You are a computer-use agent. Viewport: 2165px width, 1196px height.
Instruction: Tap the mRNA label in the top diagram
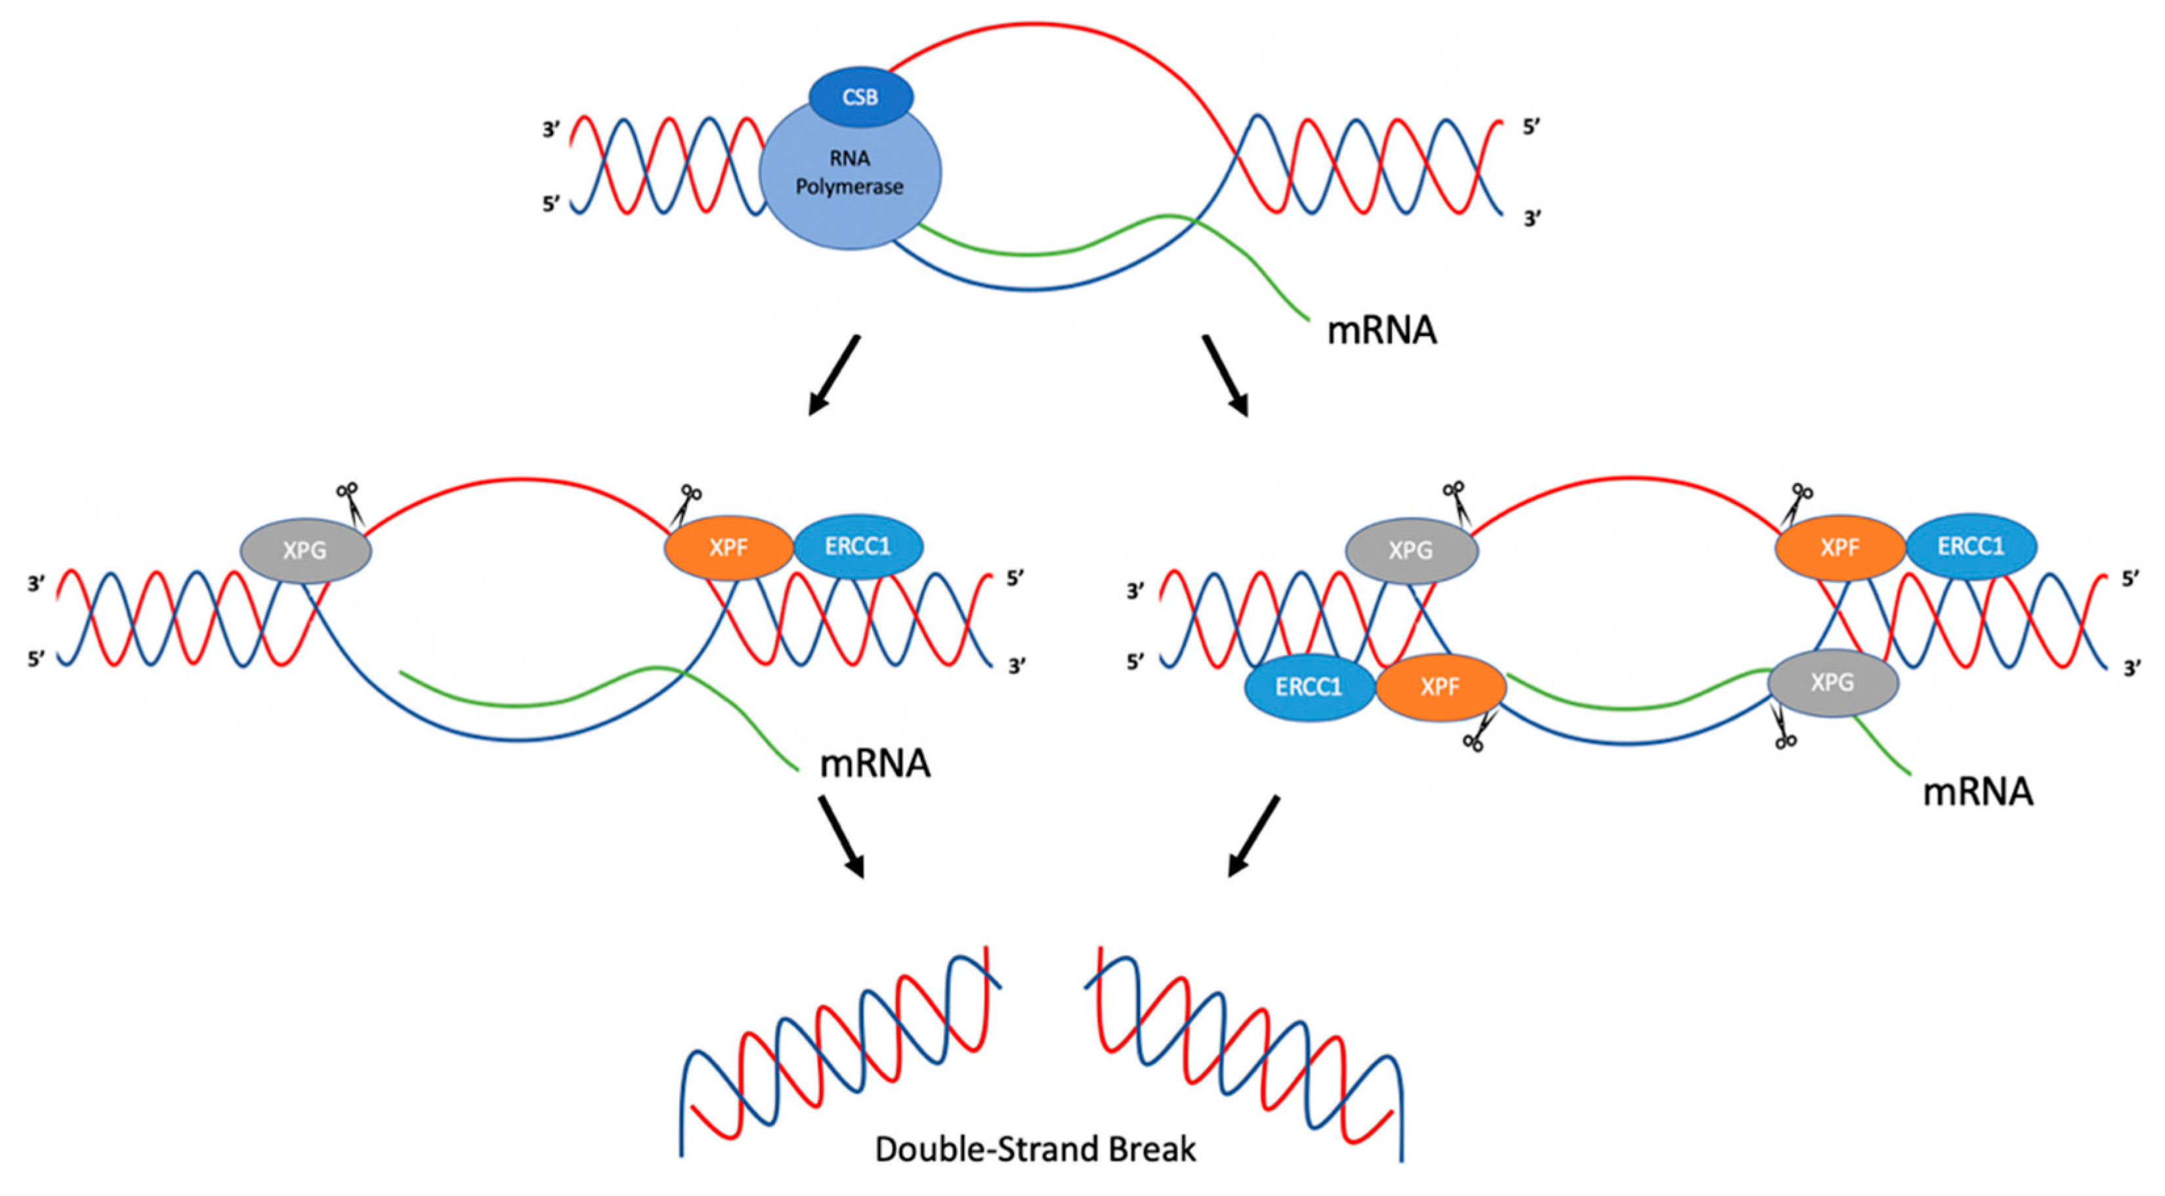pyautogui.click(x=1381, y=330)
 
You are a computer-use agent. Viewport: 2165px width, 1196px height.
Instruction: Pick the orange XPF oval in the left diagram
pyautogui.click(x=728, y=548)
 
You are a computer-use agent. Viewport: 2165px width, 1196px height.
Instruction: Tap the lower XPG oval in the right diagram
pyautogui.click(x=1833, y=683)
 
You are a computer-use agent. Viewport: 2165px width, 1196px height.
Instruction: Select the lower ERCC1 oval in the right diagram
pyautogui.click(x=1309, y=687)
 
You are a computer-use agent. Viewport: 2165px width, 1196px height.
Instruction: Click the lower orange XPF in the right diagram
pyautogui.click(x=1440, y=687)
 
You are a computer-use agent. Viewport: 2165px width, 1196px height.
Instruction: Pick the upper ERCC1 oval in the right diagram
pyautogui.click(x=1971, y=547)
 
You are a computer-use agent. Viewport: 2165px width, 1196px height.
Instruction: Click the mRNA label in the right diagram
pyautogui.click(x=1977, y=792)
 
